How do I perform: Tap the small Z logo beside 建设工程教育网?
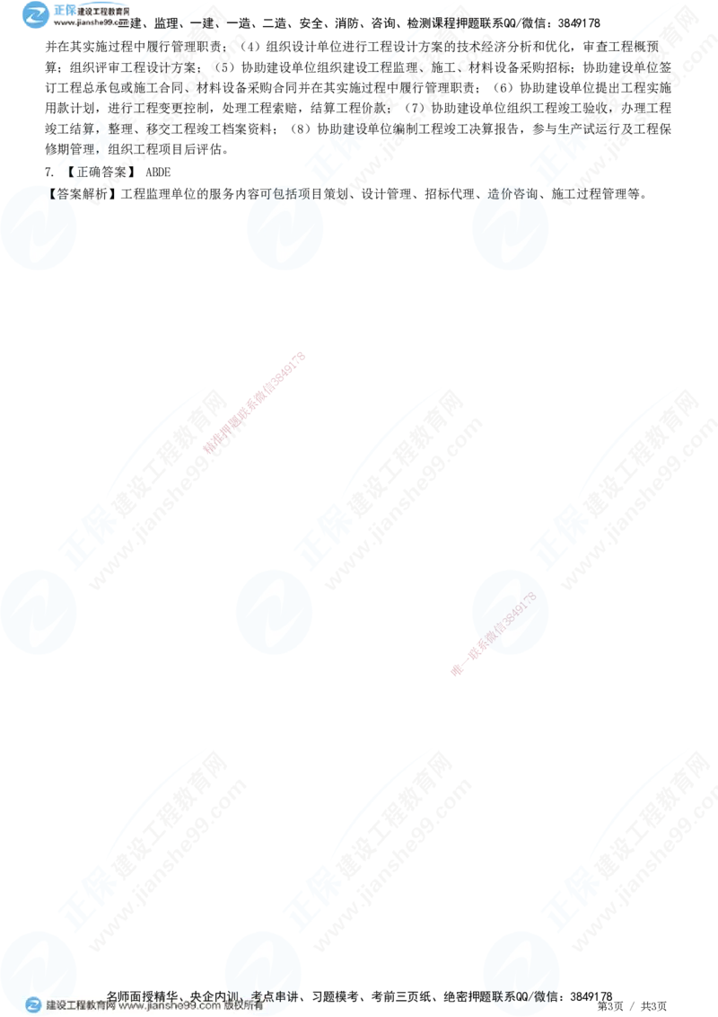(x=33, y=1005)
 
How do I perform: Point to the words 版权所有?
(x=242, y=1006)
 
